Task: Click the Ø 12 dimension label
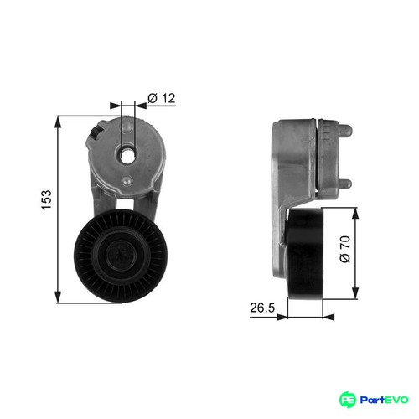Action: pyautogui.click(x=162, y=98)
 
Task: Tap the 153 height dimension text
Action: pyautogui.click(x=46, y=199)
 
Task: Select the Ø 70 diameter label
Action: pyautogui.click(x=345, y=249)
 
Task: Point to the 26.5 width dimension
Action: pyautogui.click(x=262, y=308)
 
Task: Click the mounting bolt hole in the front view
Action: pyautogui.click(x=127, y=155)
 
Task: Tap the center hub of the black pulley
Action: pyautogui.click(x=122, y=256)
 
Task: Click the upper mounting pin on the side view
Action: pyautogui.click(x=345, y=131)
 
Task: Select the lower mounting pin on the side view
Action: pyautogui.click(x=345, y=184)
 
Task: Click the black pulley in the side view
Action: pyautogui.click(x=305, y=254)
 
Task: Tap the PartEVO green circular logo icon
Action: pyautogui.click(x=348, y=400)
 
